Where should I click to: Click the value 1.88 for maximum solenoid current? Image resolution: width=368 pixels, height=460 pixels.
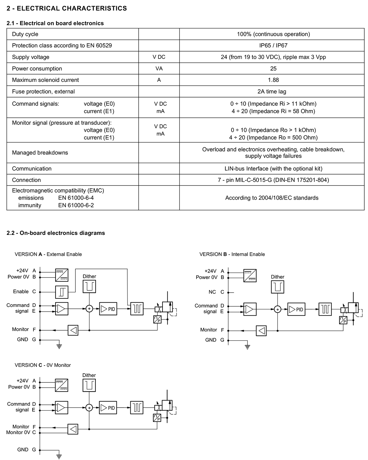[x=273, y=80]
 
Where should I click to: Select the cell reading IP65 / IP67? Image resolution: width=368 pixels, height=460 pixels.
[x=273, y=45]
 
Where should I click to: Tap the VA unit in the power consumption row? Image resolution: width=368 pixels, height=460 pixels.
[x=159, y=68]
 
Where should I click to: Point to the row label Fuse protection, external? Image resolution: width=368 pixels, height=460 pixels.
[x=44, y=91]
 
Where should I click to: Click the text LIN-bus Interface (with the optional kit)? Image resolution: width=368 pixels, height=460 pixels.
[x=273, y=168]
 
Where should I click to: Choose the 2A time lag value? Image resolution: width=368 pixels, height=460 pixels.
[x=272, y=91]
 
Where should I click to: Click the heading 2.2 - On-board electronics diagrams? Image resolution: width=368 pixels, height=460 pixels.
[x=56, y=233]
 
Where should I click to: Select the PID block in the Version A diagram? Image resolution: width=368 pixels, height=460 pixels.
[x=108, y=309]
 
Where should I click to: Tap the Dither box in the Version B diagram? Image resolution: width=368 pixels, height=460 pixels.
[x=277, y=287]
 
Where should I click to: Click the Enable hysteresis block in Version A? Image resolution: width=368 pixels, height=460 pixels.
[x=62, y=292]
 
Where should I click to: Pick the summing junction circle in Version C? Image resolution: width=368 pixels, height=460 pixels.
[x=89, y=408]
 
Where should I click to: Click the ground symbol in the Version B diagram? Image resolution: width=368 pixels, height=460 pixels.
[x=247, y=347]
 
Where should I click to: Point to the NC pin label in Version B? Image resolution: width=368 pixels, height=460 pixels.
[x=212, y=292]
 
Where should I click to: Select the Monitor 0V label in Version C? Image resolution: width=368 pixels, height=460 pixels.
[x=18, y=432]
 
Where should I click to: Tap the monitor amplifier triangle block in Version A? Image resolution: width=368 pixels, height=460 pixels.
[x=73, y=330]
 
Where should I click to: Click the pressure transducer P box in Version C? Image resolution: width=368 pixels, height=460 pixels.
[x=157, y=418]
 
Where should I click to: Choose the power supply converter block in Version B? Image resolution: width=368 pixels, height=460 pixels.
[x=250, y=275]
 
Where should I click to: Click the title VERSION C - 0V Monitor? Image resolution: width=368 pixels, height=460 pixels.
[x=43, y=365]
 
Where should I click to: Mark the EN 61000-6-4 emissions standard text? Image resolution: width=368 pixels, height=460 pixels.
[x=76, y=198]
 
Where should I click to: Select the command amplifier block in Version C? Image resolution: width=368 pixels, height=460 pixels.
[x=61, y=408]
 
